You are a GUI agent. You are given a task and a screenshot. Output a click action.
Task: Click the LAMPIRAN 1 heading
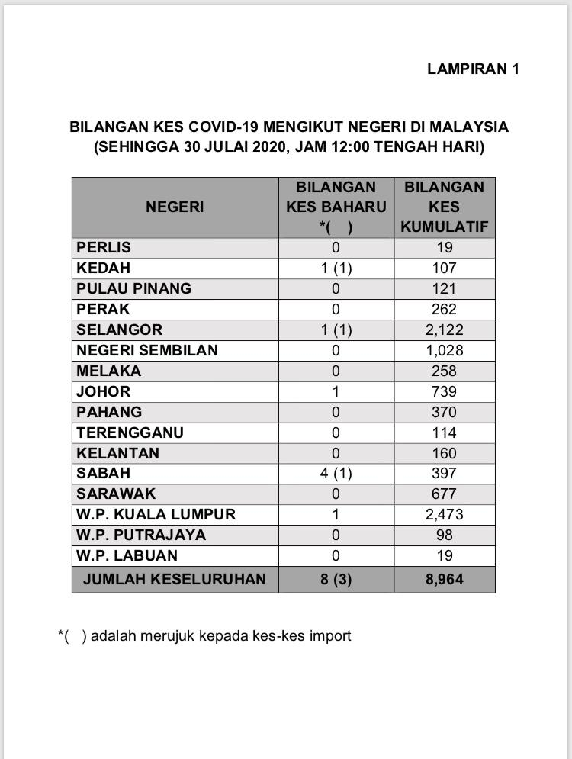click(473, 69)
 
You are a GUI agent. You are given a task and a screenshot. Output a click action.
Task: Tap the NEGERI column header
click(175, 207)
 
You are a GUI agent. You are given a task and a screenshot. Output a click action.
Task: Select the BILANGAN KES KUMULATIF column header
click(444, 207)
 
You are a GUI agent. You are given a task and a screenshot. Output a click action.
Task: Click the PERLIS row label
click(104, 247)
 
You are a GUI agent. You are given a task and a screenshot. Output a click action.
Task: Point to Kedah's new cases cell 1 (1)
click(336, 268)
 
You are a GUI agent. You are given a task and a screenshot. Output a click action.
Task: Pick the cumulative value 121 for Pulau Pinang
click(444, 288)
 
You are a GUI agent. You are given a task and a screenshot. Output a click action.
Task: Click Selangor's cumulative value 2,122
click(444, 330)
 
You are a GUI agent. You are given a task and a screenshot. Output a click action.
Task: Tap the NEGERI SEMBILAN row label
click(147, 350)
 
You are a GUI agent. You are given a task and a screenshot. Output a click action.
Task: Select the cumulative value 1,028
click(444, 350)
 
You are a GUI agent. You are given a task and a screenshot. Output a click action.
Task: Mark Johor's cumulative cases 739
click(444, 391)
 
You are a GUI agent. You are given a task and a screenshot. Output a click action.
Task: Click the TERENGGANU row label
click(130, 433)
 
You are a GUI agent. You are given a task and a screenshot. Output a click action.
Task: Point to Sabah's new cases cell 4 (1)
click(336, 474)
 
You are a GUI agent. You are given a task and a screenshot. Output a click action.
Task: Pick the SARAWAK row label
click(112, 494)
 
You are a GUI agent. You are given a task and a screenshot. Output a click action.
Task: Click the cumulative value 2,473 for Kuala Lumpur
click(444, 515)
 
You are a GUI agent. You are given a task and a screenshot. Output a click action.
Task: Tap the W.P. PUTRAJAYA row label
click(141, 535)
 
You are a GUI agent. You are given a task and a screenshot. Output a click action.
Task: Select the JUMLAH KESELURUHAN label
click(175, 579)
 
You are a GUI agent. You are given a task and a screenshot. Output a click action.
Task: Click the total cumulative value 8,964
click(444, 579)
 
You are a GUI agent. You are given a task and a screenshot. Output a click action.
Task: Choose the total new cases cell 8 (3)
click(336, 579)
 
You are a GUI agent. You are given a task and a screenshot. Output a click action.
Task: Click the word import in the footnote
click(330, 635)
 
